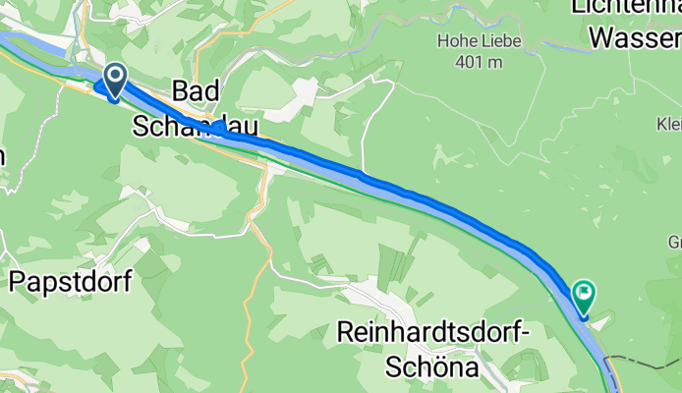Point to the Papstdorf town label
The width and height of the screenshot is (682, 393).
(70, 282)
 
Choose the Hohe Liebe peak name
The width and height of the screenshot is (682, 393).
(478, 41)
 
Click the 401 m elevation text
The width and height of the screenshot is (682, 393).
(478, 61)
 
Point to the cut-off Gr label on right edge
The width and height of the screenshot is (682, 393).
(674, 242)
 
